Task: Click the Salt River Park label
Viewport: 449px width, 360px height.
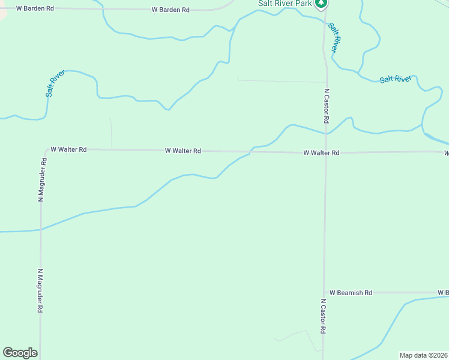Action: coord(285,3)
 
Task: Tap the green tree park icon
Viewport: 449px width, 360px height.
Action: coord(322,4)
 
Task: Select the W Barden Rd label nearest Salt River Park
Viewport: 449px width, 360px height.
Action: coord(171,10)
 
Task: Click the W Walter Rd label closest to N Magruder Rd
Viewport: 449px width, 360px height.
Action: coord(68,149)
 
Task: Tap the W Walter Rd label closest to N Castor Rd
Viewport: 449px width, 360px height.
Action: coord(321,153)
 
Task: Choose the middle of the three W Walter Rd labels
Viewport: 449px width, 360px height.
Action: coord(183,151)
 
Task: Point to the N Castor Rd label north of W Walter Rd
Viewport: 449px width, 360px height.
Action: coord(327,106)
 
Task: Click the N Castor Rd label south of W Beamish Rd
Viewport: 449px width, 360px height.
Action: coord(323,316)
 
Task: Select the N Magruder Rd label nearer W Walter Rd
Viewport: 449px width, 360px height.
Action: coord(42,179)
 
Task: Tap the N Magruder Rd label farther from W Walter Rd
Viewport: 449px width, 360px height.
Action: coord(40,290)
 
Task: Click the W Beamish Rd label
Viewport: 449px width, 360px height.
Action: coord(351,293)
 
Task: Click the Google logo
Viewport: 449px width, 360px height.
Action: coord(20,353)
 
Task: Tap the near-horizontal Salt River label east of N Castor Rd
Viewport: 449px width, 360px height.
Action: coord(396,79)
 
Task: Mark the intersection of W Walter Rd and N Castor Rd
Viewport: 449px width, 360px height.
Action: coord(325,152)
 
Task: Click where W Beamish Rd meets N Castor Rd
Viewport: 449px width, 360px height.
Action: coord(324,293)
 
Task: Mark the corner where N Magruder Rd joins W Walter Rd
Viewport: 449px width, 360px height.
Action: coord(46,150)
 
